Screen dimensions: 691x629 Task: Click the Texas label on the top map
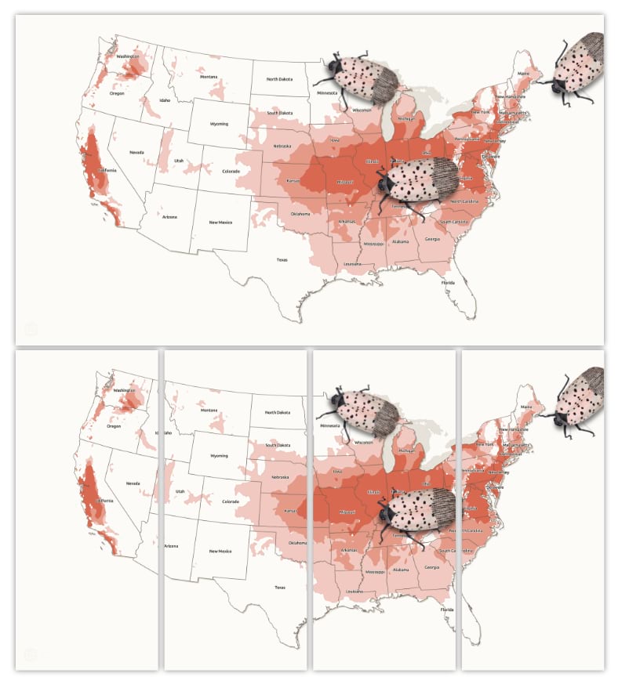click(281, 259)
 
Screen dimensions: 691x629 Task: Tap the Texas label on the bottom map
click(280, 587)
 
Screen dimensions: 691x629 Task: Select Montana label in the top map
click(208, 77)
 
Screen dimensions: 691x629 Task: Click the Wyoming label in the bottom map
click(219, 455)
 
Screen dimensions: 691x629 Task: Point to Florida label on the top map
click(447, 282)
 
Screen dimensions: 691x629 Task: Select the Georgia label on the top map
click(431, 239)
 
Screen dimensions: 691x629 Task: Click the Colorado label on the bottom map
click(230, 501)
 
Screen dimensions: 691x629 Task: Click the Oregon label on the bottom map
click(114, 426)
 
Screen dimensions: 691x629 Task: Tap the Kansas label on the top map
click(293, 180)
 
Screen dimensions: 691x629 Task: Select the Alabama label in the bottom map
click(401, 570)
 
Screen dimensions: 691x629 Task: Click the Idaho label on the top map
click(164, 100)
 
